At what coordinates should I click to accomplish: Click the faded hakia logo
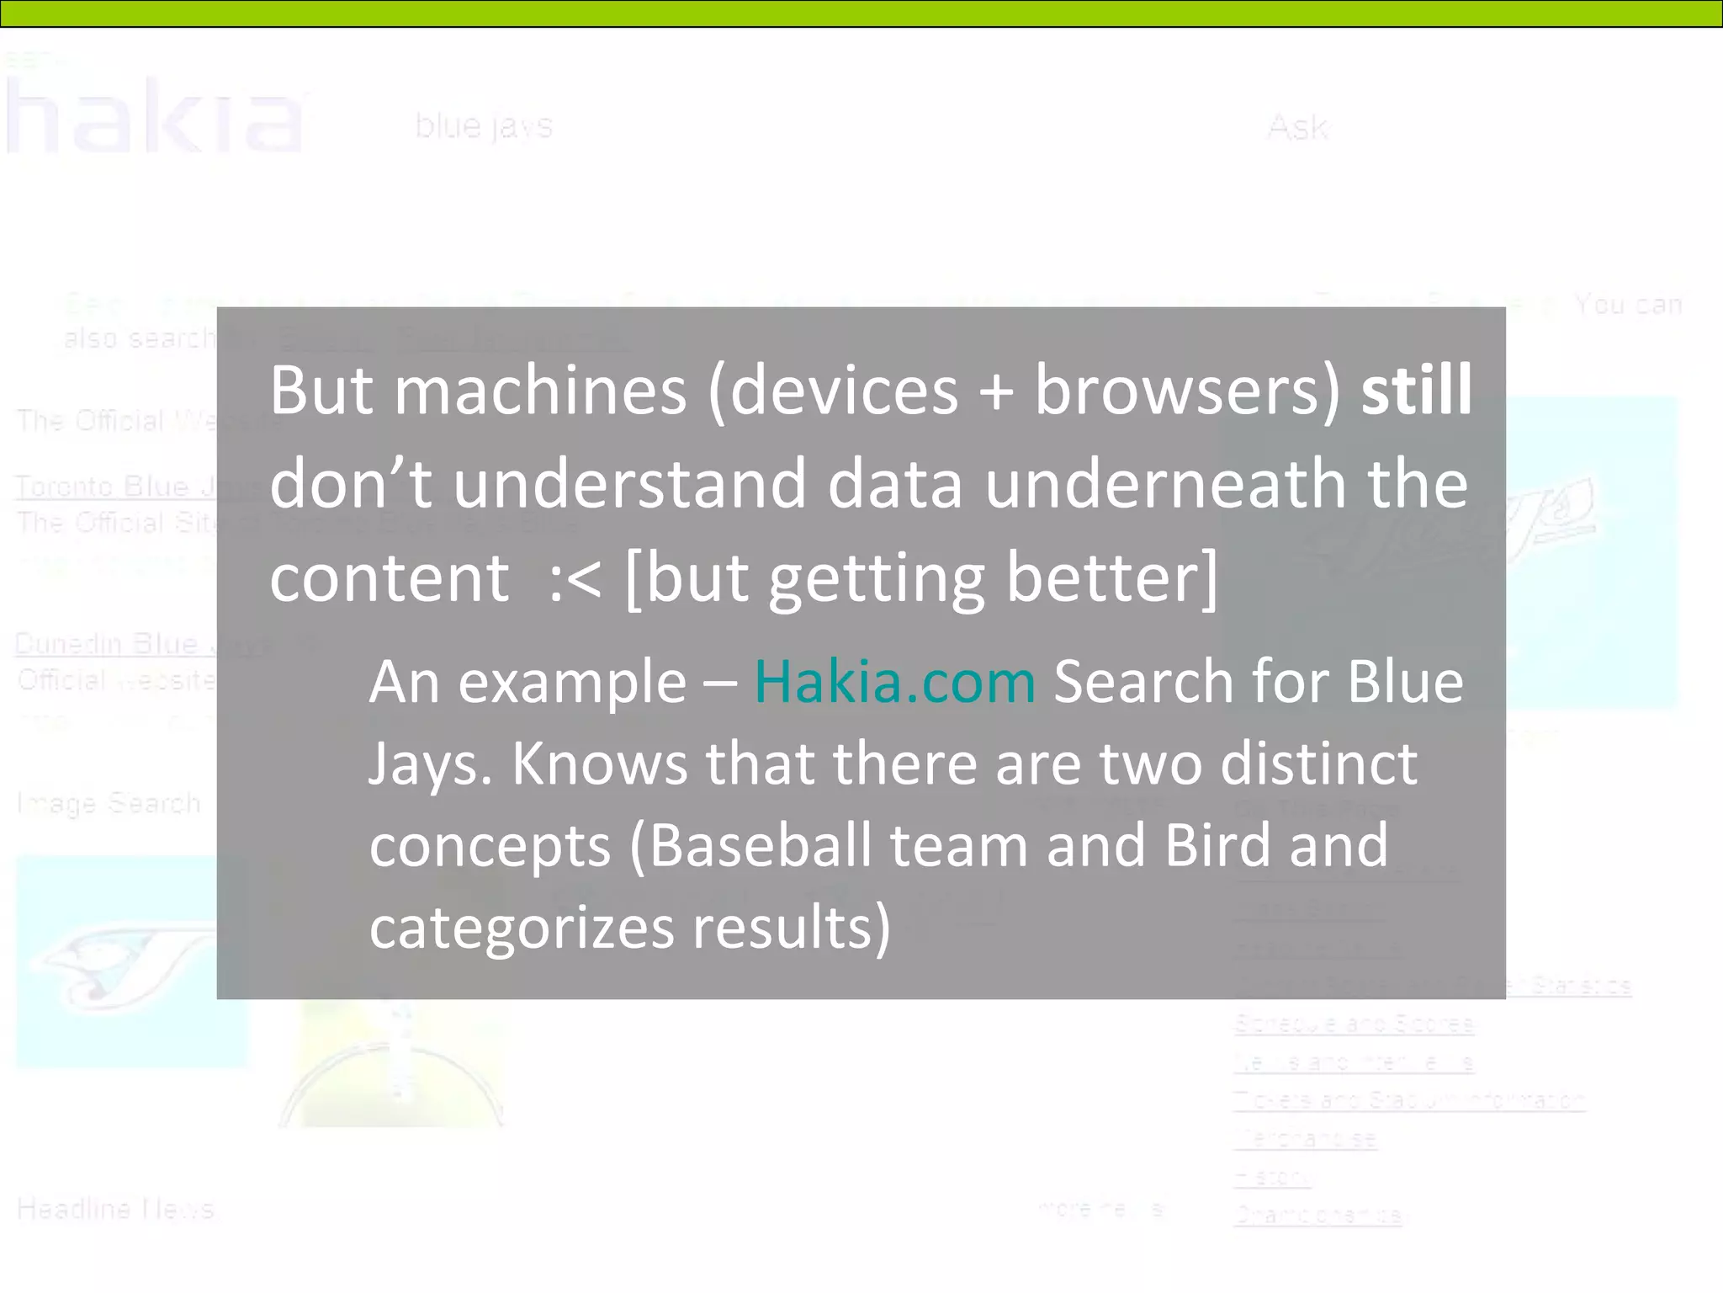click(x=156, y=116)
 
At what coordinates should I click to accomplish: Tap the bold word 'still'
click(x=1417, y=390)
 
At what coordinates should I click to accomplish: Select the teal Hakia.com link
click(x=894, y=681)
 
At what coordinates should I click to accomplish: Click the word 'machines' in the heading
click(x=540, y=390)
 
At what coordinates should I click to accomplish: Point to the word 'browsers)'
click(x=1187, y=390)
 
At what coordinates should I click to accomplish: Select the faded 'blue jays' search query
click(x=484, y=126)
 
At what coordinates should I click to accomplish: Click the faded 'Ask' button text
click(x=1297, y=128)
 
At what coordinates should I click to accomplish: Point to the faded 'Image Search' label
click(x=109, y=804)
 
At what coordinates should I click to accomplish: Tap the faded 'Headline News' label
click(x=115, y=1210)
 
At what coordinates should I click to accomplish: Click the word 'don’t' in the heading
click(x=351, y=484)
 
